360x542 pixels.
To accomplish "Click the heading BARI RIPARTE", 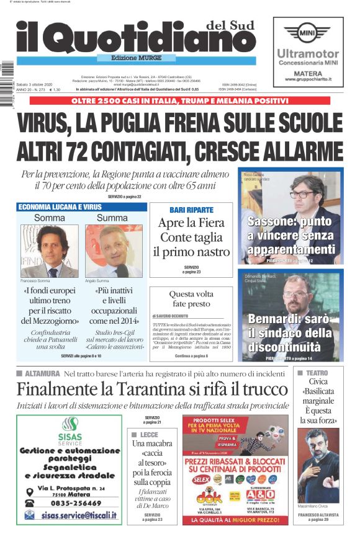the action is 191,210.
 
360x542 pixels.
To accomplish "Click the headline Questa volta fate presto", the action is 191,299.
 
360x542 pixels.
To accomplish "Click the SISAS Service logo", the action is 69,428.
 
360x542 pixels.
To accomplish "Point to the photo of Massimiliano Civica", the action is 318,465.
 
